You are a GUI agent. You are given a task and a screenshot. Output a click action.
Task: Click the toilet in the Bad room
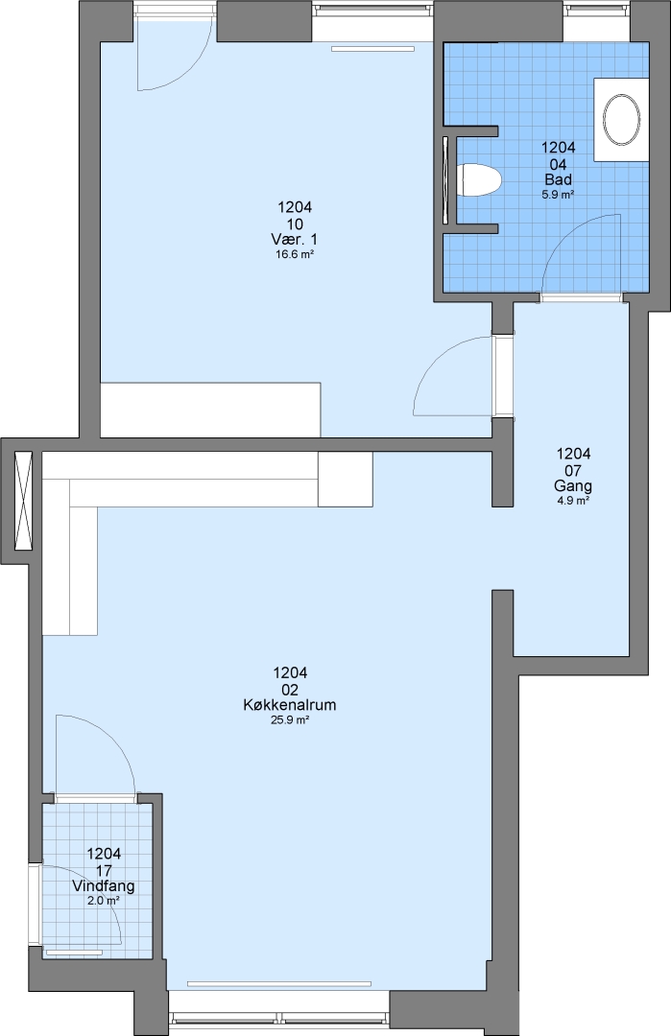tap(479, 179)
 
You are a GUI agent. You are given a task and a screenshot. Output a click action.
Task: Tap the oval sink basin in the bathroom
tap(621, 120)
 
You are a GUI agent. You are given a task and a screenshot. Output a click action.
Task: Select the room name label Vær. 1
tap(294, 239)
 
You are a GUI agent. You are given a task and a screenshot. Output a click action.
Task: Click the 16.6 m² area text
tap(294, 254)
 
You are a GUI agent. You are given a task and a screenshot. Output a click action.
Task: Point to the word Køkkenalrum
tap(290, 705)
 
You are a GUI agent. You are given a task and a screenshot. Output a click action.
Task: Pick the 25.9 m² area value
tap(290, 720)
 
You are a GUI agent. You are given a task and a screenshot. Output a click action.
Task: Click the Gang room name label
tap(573, 486)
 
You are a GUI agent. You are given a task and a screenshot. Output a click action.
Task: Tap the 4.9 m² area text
tap(573, 501)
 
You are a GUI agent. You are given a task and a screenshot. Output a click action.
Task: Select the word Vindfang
tap(104, 886)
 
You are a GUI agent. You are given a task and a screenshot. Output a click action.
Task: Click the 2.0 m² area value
tap(104, 901)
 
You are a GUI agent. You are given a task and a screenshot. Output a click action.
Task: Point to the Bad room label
tap(559, 179)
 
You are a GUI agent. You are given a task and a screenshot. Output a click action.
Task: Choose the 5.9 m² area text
tap(559, 195)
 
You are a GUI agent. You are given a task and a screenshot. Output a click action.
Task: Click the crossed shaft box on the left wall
tap(23, 500)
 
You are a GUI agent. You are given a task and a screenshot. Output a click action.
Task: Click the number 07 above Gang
tap(573, 470)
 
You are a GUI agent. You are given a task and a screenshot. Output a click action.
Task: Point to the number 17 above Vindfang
tap(104, 870)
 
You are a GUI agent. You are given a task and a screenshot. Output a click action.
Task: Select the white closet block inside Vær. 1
tap(210, 410)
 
